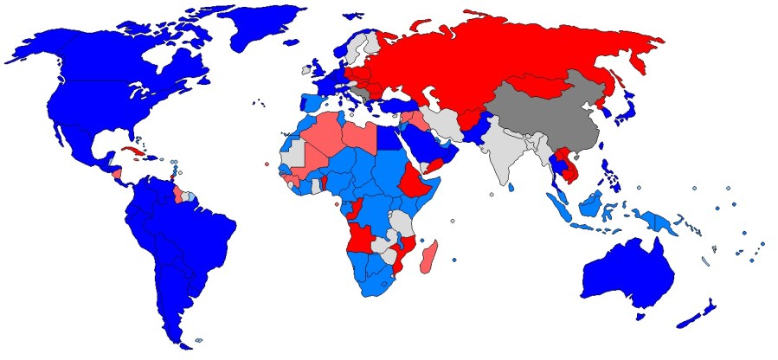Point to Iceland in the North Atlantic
pos(306,68)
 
